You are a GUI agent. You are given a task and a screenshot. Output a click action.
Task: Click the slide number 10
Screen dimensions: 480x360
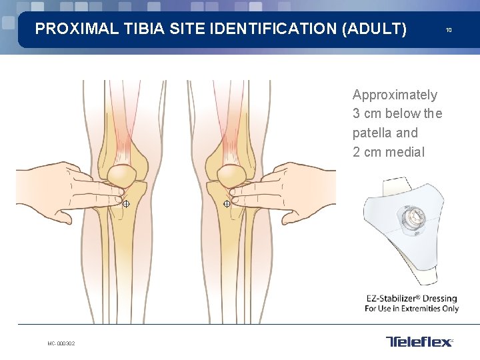pyautogui.click(x=449, y=30)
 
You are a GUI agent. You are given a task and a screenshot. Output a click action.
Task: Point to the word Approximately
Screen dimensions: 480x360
pyautogui.click(x=395, y=95)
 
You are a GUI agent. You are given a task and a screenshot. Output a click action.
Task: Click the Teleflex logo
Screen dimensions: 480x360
pyautogui.click(x=419, y=342)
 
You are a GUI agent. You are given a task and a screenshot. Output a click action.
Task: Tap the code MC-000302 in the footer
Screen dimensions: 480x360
pyautogui.click(x=61, y=343)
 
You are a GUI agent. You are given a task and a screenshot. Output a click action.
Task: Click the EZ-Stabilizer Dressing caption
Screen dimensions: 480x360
pyautogui.click(x=411, y=298)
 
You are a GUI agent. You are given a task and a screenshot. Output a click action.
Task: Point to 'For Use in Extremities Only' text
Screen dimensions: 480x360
pyautogui.click(x=411, y=309)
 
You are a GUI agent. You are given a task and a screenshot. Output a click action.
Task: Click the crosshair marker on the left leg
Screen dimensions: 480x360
pyautogui.click(x=126, y=203)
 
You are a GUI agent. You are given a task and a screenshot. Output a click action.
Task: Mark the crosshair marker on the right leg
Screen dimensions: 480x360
pyautogui.click(x=227, y=203)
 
